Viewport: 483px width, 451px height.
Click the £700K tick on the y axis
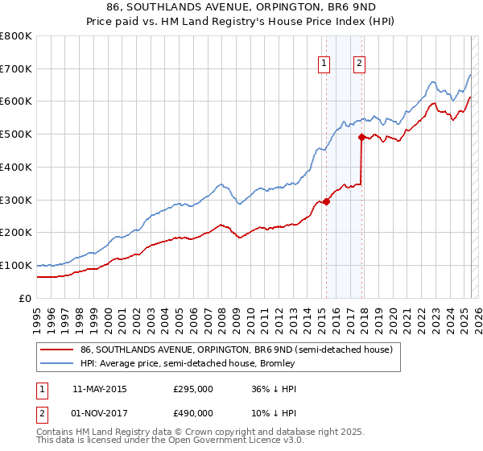click(16, 68)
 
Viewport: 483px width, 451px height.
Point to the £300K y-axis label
click(16, 200)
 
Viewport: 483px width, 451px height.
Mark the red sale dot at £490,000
click(361, 138)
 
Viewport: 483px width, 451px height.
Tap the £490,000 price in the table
click(193, 413)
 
